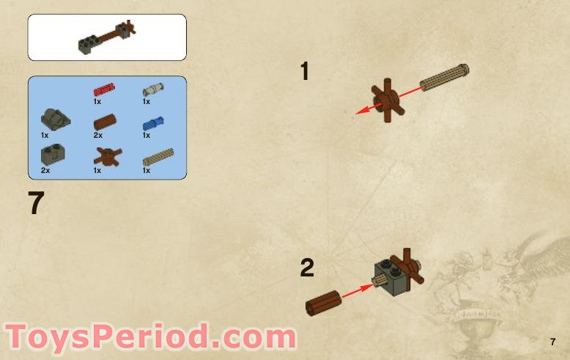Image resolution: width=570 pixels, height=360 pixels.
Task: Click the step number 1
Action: coord(305,72)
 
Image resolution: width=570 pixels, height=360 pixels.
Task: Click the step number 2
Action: coord(307,268)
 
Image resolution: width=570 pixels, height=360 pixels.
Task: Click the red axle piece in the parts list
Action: coord(104,90)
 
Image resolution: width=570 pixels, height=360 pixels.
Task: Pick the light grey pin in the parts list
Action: coord(153,89)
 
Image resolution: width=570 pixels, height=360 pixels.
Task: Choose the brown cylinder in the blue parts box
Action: coord(104,122)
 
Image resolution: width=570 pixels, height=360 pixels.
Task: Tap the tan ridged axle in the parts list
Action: coord(157,156)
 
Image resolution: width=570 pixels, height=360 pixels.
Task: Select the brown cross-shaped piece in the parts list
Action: coord(108,155)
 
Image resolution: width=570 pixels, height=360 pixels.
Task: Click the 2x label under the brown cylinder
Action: coord(97,136)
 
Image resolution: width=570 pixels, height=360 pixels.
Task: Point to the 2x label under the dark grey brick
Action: coord(45,170)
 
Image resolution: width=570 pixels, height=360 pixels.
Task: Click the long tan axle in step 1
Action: coord(444,78)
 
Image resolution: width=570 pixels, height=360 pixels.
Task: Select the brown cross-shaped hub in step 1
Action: coord(386,101)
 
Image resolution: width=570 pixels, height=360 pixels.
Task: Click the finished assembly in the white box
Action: coord(107,37)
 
